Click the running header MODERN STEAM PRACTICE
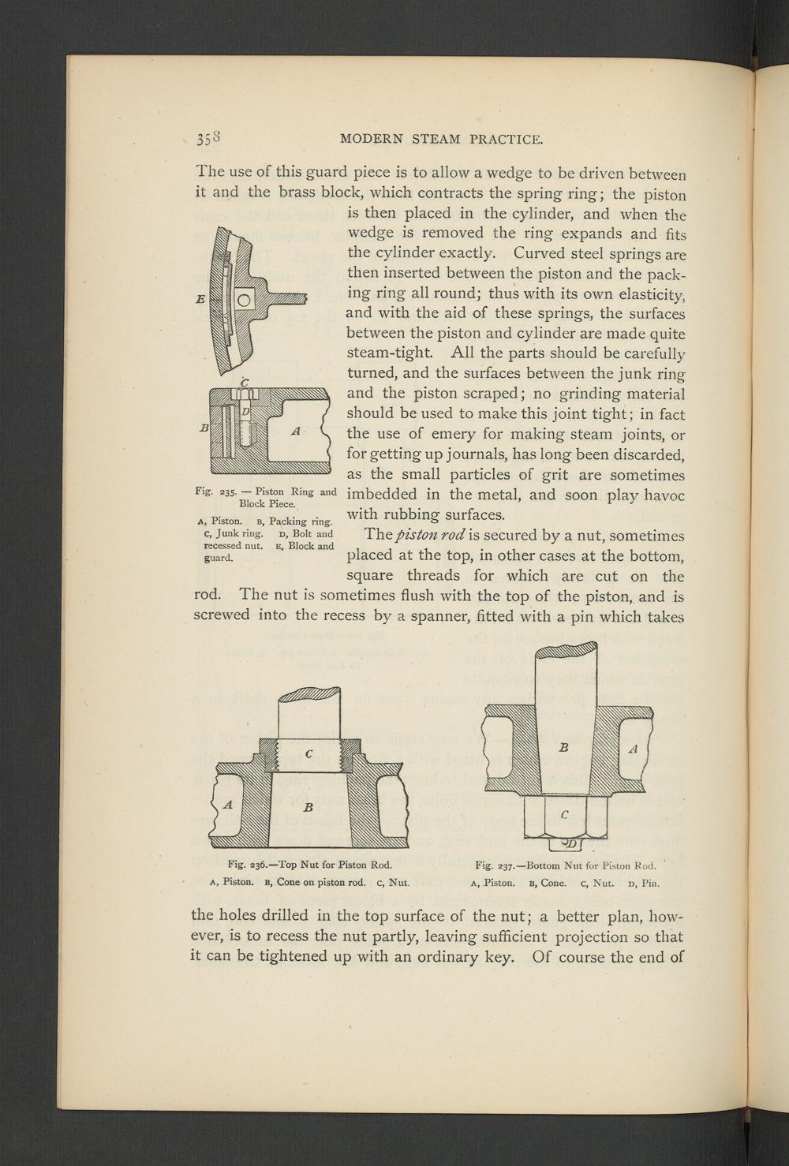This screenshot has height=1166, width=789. pyautogui.click(x=441, y=140)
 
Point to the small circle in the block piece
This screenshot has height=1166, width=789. pyautogui.click(x=245, y=300)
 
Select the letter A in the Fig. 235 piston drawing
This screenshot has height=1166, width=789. pyautogui.click(x=295, y=431)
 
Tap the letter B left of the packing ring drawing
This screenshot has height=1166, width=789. pyautogui.click(x=204, y=428)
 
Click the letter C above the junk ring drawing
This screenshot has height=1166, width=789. pyautogui.click(x=245, y=383)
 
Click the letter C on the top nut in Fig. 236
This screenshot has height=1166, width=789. pyautogui.click(x=309, y=754)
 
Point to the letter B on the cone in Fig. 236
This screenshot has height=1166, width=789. pyautogui.click(x=308, y=807)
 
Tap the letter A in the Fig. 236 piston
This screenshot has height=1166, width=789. pyautogui.click(x=228, y=805)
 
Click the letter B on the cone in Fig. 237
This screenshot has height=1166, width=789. pyautogui.click(x=564, y=746)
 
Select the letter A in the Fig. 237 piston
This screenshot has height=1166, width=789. pyautogui.click(x=633, y=749)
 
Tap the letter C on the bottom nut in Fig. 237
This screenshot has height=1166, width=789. pyautogui.click(x=564, y=816)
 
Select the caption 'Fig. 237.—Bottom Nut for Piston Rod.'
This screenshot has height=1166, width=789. pyautogui.click(x=566, y=865)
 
